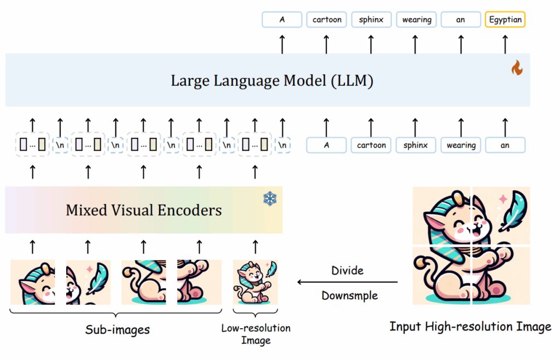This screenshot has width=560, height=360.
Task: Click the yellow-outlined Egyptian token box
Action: tap(504, 20)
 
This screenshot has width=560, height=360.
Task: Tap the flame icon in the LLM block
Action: tap(516, 68)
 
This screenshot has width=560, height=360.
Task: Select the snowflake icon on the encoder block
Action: tap(270, 199)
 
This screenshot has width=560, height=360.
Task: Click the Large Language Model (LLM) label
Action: tap(272, 81)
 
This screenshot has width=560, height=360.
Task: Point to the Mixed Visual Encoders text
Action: tap(144, 210)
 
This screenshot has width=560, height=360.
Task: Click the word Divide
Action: tap(347, 270)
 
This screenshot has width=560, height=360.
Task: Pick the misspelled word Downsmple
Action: tap(349, 295)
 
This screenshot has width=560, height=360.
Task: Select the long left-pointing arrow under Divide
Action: tap(347, 282)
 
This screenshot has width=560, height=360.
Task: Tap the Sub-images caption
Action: tap(117, 329)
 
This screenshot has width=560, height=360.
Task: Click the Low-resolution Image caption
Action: tap(255, 334)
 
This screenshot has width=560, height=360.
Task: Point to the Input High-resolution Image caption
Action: tap(470, 327)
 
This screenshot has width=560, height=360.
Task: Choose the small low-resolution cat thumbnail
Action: tap(255, 282)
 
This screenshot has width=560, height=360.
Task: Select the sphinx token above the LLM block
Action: tap(371, 20)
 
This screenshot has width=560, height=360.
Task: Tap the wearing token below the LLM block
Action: tap(460, 145)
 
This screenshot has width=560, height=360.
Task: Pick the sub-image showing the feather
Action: tap(88, 282)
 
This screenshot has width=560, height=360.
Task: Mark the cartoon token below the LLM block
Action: tap(371, 145)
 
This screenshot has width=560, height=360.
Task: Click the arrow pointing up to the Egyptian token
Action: tap(504, 44)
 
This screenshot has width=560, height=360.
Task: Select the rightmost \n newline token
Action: tap(282, 145)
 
